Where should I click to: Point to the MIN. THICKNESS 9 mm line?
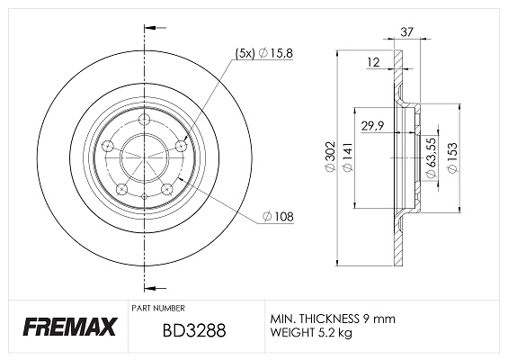click(x=332, y=319)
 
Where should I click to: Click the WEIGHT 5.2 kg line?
click(x=311, y=334)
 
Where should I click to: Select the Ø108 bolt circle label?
click(x=280, y=216)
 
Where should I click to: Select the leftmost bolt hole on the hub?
click(x=106, y=145)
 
